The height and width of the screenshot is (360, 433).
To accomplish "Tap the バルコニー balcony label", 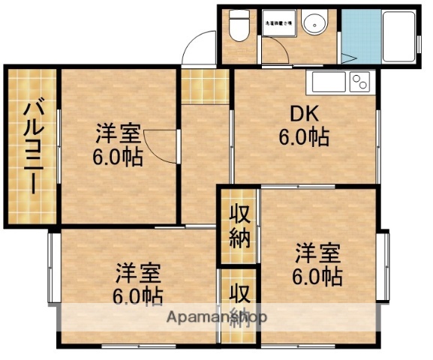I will coord(32,147).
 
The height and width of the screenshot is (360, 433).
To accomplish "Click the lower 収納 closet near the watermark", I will coord(240,304).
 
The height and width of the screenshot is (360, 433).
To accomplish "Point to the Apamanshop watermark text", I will coord(217,316).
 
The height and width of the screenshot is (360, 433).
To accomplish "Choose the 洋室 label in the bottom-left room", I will coord(137,271).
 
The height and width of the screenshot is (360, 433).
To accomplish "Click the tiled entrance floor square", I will coord(205,85).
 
